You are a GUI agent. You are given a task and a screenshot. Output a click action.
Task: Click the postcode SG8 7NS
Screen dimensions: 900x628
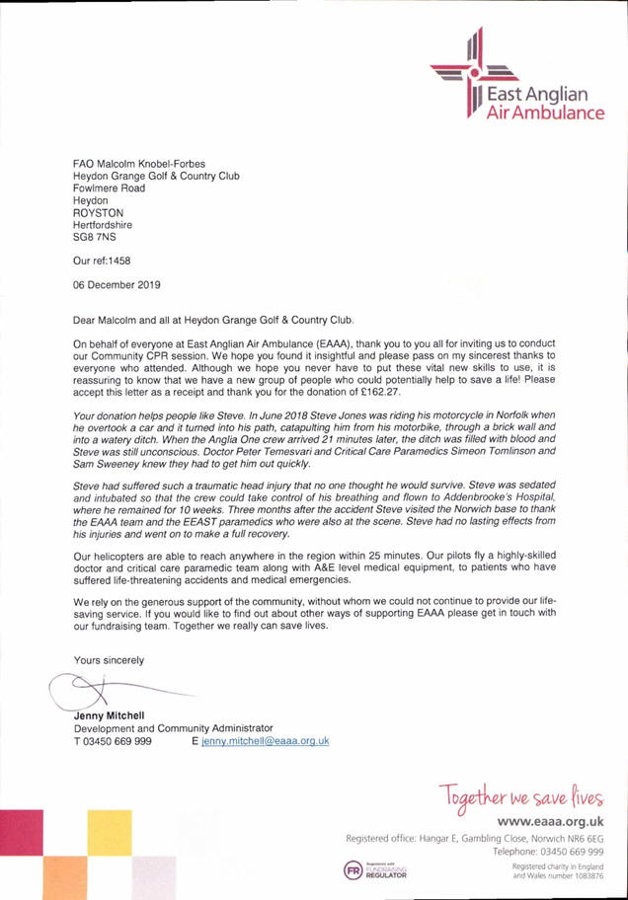95,237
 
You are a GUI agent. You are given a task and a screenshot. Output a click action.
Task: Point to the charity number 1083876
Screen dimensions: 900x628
584,875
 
